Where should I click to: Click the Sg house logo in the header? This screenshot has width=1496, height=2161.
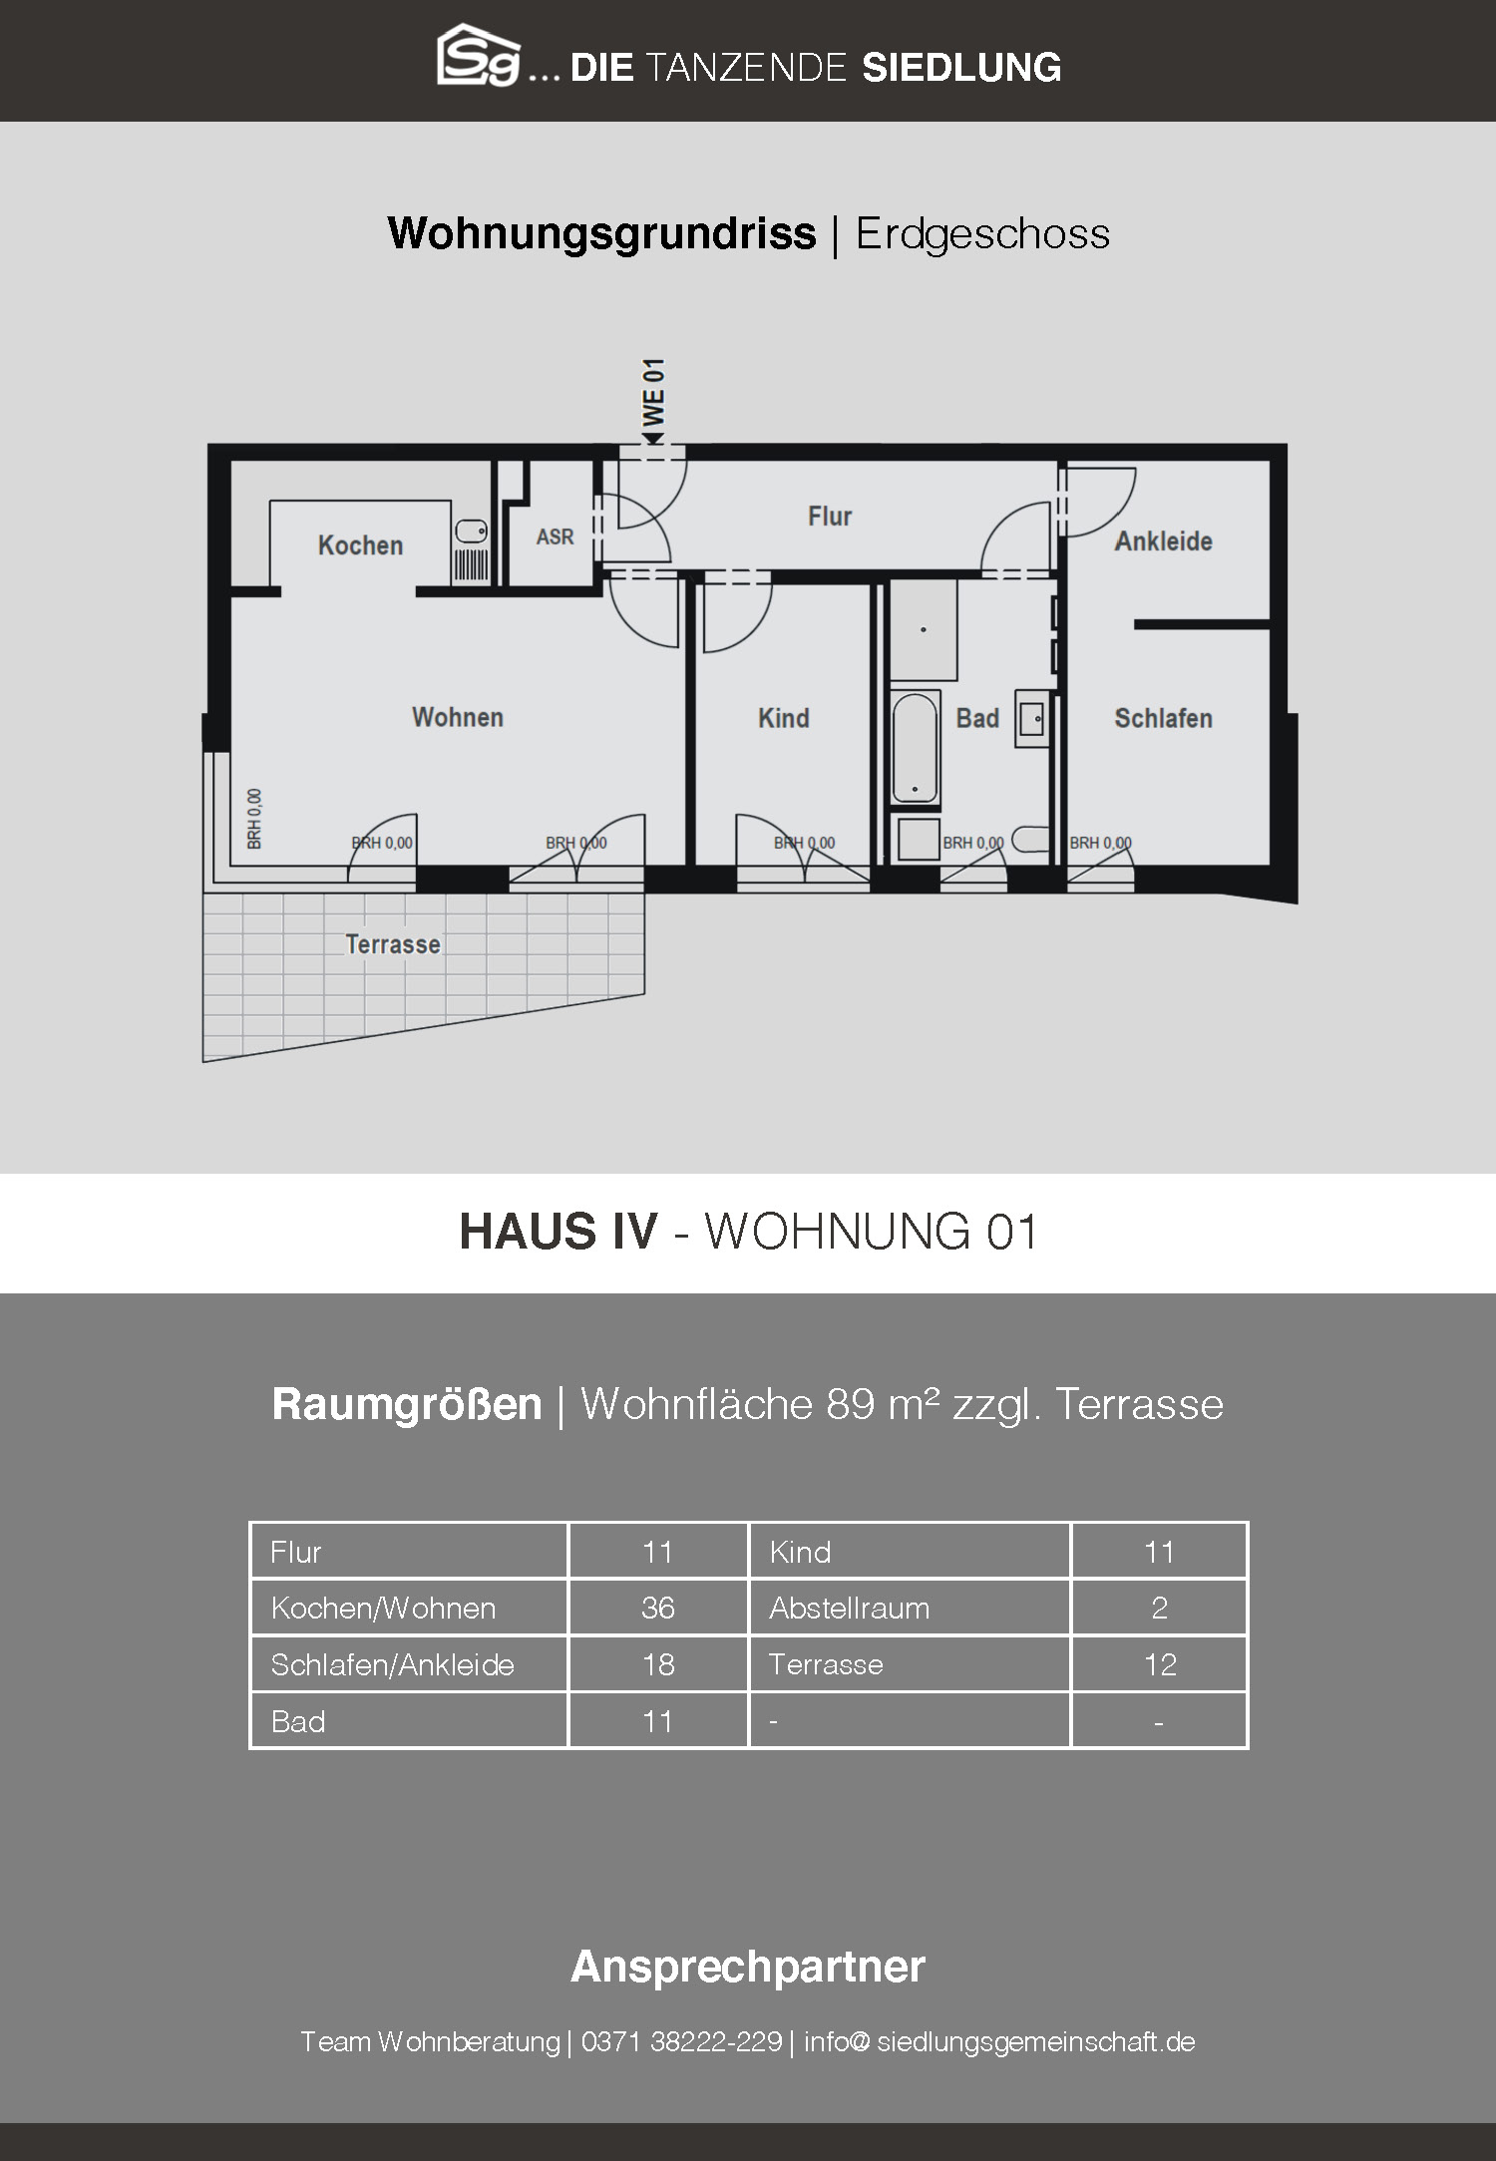pyautogui.click(x=479, y=56)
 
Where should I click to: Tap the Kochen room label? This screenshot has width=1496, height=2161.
pyautogui.click(x=360, y=545)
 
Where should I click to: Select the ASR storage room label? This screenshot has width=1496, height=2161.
pyautogui.click(x=555, y=538)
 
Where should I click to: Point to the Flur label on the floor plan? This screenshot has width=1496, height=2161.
pyautogui.click(x=830, y=517)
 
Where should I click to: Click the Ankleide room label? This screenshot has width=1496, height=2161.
pyautogui.click(x=1163, y=541)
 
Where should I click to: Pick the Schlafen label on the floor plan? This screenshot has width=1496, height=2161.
pyautogui.click(x=1163, y=718)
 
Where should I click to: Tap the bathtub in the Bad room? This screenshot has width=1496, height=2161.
pyautogui.click(x=915, y=747)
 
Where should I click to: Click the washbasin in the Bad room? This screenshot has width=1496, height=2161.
pyautogui.click(x=1031, y=718)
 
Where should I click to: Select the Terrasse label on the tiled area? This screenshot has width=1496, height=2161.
pyautogui.click(x=393, y=944)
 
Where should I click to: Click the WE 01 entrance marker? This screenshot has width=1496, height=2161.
pyautogui.click(x=653, y=401)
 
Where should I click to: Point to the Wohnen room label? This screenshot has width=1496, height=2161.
pyautogui.click(x=458, y=717)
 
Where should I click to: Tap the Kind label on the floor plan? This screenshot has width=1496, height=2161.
pyautogui.click(x=783, y=718)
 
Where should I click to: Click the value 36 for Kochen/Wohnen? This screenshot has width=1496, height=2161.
pyautogui.click(x=658, y=1608)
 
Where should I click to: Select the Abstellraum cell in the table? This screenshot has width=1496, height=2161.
pyautogui.click(x=849, y=1608)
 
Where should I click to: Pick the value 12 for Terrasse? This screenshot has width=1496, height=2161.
pyautogui.click(x=1160, y=1664)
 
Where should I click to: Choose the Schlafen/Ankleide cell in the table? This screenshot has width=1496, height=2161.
pyautogui.click(x=392, y=1665)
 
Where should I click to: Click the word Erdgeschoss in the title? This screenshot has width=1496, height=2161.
pyautogui.click(x=982, y=234)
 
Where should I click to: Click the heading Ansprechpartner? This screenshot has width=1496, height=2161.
pyautogui.click(x=748, y=1967)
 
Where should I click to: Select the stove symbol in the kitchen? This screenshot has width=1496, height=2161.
pyautogui.click(x=472, y=565)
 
